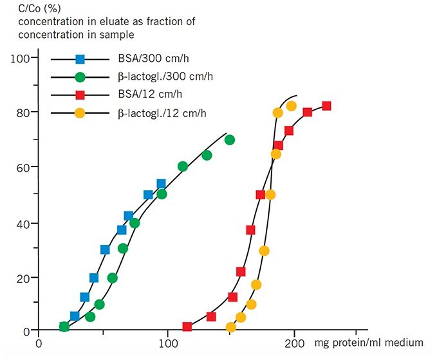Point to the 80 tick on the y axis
point(22,113)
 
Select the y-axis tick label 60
point(22,167)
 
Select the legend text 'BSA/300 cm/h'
point(149,59)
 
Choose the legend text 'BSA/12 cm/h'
point(146,96)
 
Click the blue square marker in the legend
point(80,59)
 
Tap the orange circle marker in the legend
point(80,114)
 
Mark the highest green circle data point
point(230,140)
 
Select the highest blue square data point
point(161,184)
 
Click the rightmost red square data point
point(326,106)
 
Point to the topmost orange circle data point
point(291,106)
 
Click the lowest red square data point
point(187,327)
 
